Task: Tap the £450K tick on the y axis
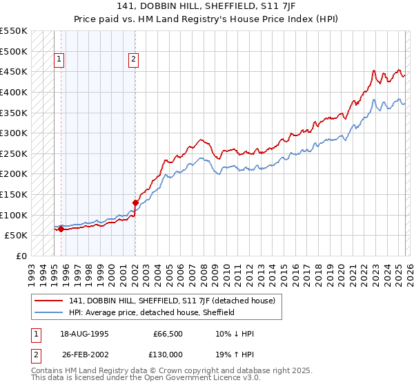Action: click(14, 71)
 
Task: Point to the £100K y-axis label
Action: click(14, 215)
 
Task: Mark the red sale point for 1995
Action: click(61, 229)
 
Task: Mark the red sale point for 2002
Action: click(135, 202)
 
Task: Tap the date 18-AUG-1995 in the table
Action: click(84, 333)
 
